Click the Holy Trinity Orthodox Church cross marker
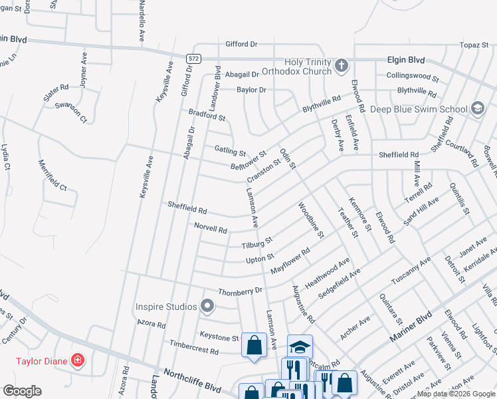click(x=342, y=65)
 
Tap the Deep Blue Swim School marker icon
click(x=477, y=108)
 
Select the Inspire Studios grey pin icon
click(x=207, y=307)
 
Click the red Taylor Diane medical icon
click(x=78, y=361)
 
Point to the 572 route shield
click(x=193, y=59)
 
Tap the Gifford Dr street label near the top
click(x=241, y=44)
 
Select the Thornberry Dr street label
click(x=241, y=291)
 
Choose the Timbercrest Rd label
click(x=194, y=348)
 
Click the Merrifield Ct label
click(x=52, y=175)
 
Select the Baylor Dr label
click(x=252, y=90)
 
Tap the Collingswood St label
click(x=413, y=76)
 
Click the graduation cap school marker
click(x=300, y=346)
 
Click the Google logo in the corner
click(x=22, y=391)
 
